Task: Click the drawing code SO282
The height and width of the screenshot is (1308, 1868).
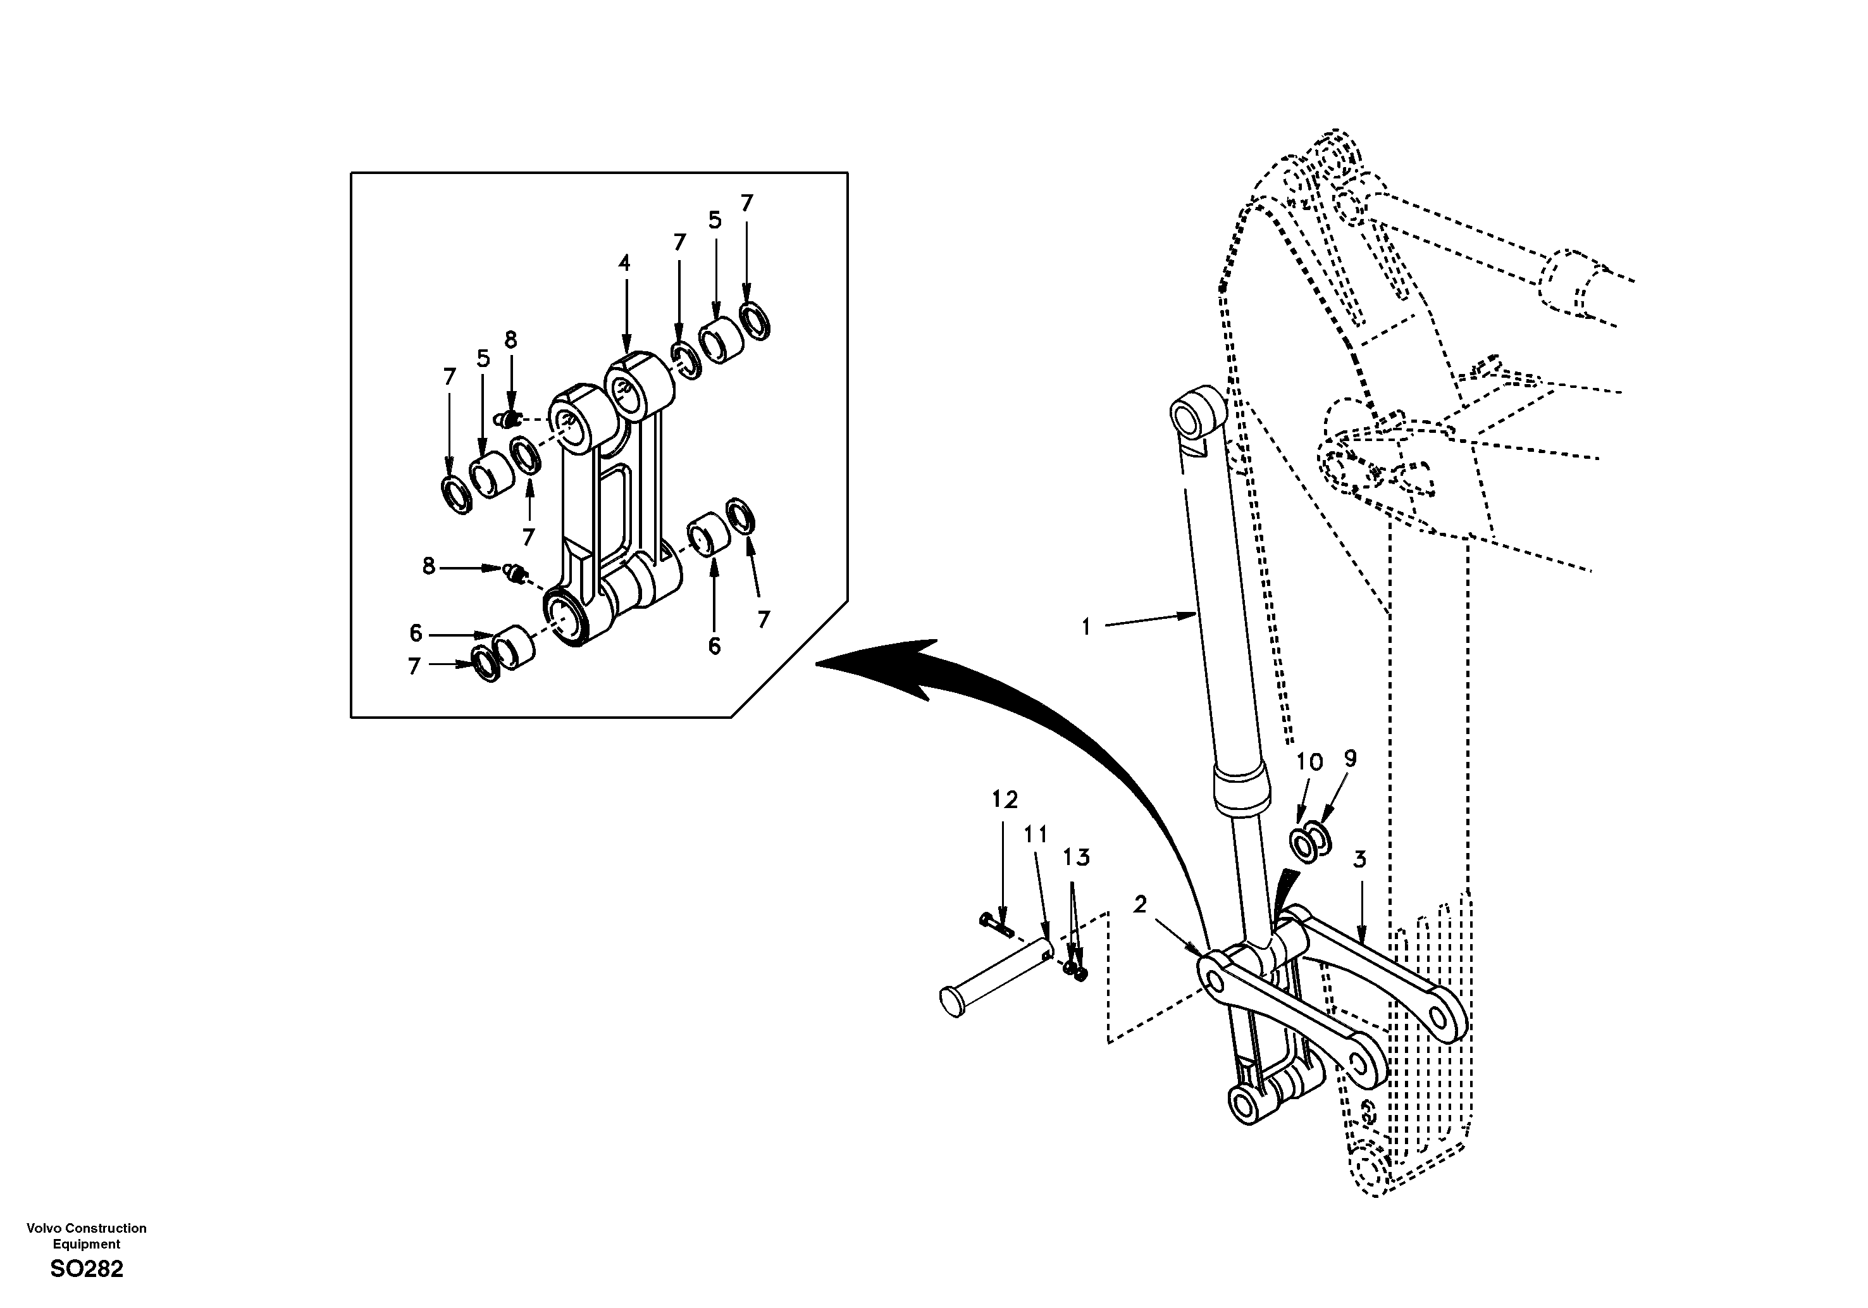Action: point(86,1269)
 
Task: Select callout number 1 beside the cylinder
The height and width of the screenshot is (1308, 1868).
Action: point(1086,626)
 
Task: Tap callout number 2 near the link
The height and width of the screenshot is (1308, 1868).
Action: point(1140,904)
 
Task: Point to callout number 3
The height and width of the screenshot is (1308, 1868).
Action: point(1359,859)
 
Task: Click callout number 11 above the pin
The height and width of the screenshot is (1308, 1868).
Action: point(1036,834)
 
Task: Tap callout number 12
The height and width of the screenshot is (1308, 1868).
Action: point(1005,800)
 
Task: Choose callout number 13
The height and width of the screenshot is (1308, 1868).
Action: point(1075,857)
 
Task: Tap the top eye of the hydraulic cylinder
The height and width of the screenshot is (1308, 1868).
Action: point(1197,417)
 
